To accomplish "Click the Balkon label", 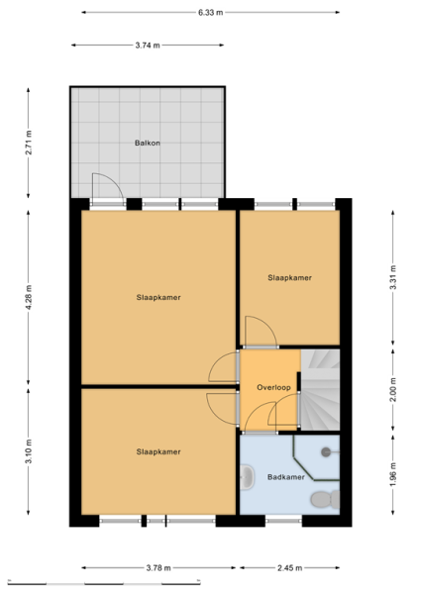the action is (147, 143).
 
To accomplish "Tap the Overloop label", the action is (273, 387).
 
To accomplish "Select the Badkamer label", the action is (286, 477).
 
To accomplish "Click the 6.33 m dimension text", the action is (211, 13).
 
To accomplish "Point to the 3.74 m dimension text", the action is (148, 46).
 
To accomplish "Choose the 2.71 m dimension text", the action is (29, 143).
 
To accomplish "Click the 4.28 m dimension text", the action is (29, 297).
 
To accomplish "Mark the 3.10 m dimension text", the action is (29, 450).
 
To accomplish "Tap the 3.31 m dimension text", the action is (393, 277).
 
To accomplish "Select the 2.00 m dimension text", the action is (393, 389).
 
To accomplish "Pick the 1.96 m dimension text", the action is (393, 474).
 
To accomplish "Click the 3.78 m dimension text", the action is (158, 568).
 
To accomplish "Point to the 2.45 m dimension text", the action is (290, 568).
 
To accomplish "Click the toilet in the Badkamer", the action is (326, 499).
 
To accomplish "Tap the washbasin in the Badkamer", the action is (247, 477).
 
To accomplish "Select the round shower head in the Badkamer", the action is (326, 451).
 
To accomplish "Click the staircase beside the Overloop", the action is (320, 390).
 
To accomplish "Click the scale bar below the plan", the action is (104, 582).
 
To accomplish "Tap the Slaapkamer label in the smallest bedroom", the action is (290, 277).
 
